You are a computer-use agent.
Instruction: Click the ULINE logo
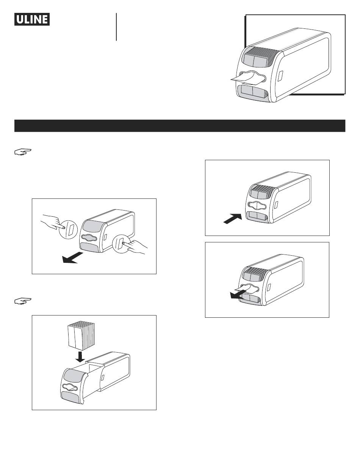[x=32, y=19]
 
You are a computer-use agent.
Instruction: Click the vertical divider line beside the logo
[x=116, y=27]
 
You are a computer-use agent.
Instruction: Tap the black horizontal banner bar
[x=180, y=126]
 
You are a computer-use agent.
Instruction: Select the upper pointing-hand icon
[x=23, y=152]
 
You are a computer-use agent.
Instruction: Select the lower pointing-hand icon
[x=23, y=301]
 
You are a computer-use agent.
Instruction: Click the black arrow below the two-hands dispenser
[x=72, y=258]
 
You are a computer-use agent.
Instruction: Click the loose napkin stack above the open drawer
[x=81, y=336]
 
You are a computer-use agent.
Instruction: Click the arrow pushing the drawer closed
[x=233, y=219]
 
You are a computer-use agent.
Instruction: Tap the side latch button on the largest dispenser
[x=280, y=76]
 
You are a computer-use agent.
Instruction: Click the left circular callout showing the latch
[x=68, y=230]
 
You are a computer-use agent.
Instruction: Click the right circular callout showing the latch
[x=122, y=244]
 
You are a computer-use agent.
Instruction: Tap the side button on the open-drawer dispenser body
[x=103, y=378]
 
